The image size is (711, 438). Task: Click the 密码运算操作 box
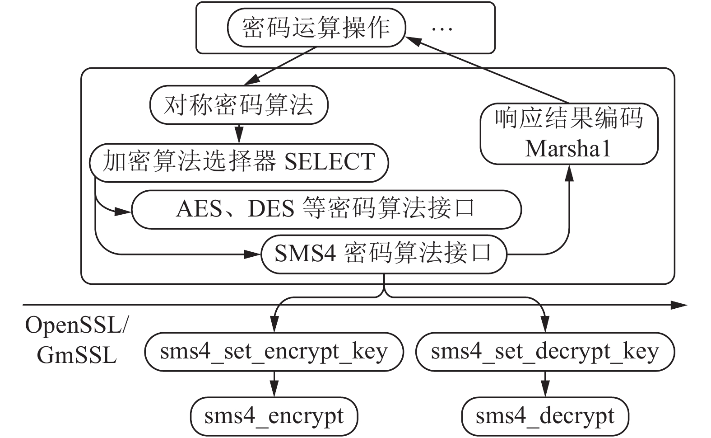[316, 28]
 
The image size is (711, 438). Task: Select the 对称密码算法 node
[238, 105]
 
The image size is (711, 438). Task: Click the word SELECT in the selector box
[330, 162]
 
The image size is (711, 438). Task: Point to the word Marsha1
[568, 148]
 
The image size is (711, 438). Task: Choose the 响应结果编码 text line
[569, 118]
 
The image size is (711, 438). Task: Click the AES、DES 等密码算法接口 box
[326, 209]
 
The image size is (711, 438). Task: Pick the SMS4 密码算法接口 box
[384, 254]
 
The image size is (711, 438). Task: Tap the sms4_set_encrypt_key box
[274, 352]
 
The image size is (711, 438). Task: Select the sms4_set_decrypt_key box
[545, 352]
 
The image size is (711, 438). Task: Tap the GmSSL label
[77, 355]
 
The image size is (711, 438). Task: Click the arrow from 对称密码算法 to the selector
[239, 134]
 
